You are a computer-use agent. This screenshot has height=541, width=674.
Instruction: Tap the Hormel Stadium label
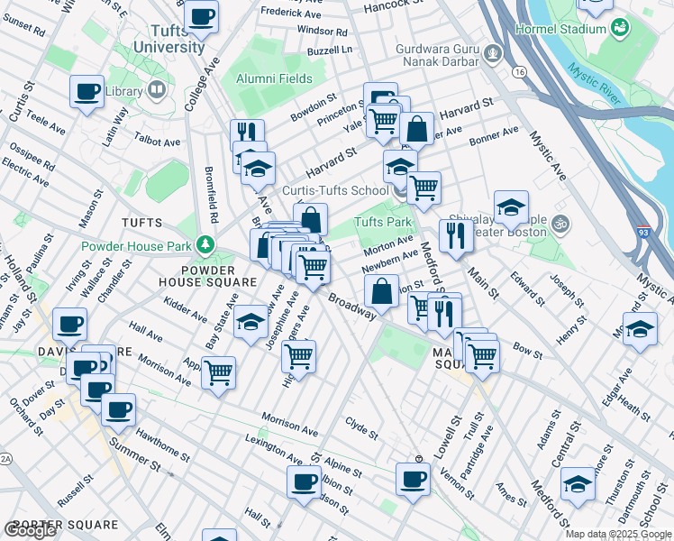(560, 29)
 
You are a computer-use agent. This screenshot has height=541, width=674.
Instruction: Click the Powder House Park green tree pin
(207, 245)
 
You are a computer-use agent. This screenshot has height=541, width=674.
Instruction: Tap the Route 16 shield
(517, 71)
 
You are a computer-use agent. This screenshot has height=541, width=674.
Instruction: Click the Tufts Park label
(382, 222)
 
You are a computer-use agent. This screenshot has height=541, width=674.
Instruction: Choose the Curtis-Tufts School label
(336, 190)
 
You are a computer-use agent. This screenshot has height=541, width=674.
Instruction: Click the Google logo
(30, 530)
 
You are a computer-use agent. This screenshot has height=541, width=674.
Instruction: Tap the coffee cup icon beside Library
(87, 90)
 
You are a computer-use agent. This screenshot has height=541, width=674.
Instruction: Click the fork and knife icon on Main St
(456, 235)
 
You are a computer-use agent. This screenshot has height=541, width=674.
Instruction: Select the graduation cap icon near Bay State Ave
(250, 322)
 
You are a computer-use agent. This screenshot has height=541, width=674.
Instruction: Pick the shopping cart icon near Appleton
(218, 371)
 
